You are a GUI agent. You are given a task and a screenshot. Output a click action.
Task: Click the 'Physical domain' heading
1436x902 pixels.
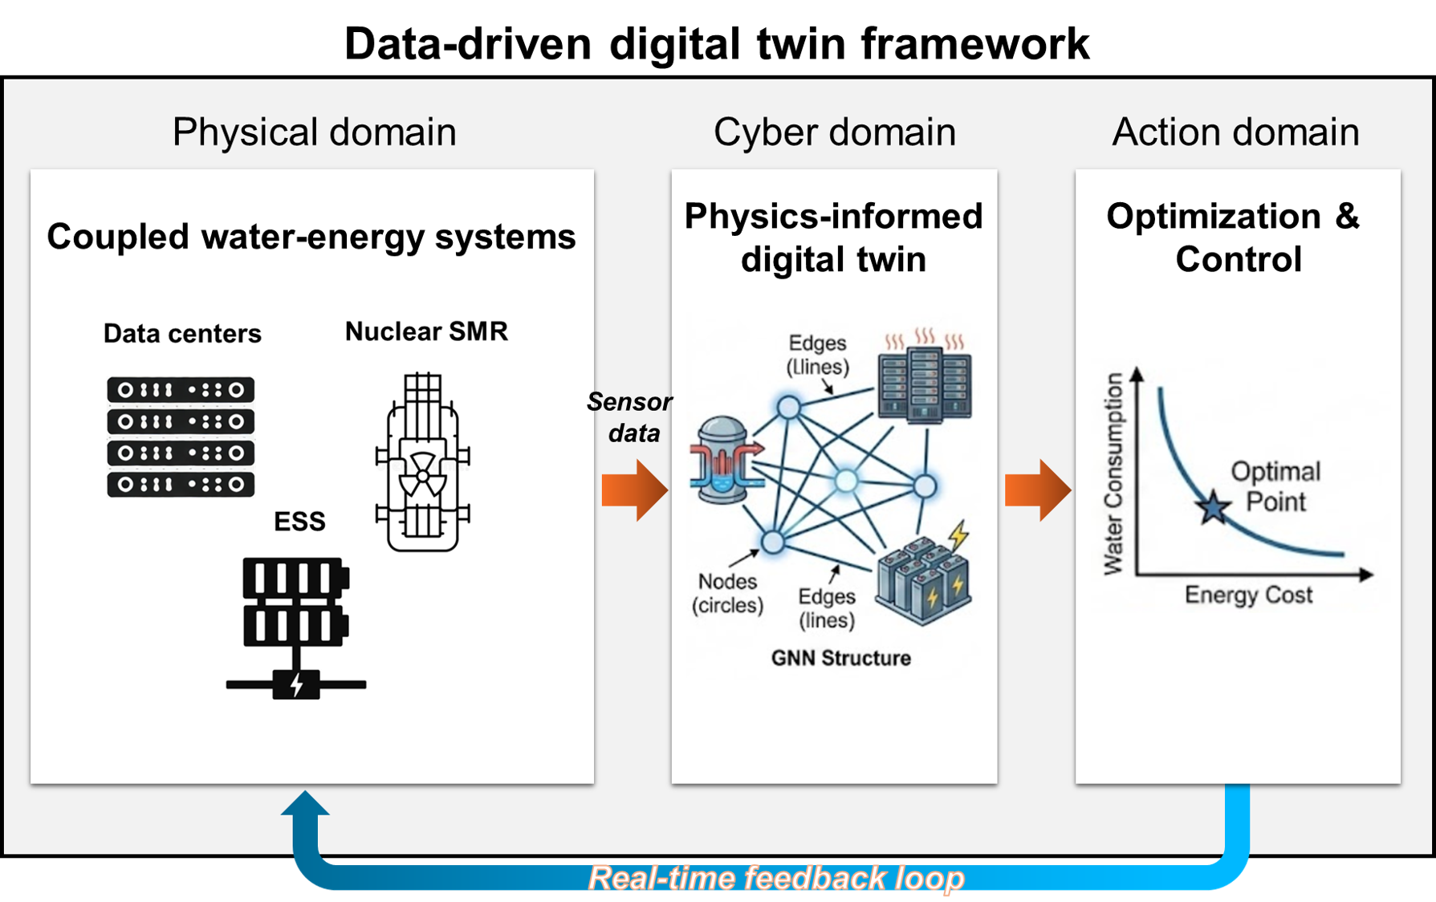click(314, 132)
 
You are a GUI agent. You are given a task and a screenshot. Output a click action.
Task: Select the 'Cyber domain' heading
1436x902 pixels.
click(834, 132)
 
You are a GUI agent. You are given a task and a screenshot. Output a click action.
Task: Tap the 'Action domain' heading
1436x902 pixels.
click(1235, 132)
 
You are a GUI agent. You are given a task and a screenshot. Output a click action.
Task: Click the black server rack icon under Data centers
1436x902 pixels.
click(181, 437)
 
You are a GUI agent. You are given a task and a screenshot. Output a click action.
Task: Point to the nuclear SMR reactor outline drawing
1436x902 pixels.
click(423, 462)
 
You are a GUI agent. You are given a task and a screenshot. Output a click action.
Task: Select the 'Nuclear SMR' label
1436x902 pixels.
click(426, 331)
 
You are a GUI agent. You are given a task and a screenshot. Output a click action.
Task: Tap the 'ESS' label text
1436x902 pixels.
click(299, 522)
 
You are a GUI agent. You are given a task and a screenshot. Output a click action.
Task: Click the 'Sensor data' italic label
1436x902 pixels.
click(630, 416)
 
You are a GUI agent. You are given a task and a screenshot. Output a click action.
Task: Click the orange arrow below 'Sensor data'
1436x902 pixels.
click(634, 490)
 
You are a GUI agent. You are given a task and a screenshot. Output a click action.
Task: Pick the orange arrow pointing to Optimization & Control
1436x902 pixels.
click(1037, 490)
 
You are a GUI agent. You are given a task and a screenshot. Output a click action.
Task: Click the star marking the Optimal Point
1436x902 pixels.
click(1213, 507)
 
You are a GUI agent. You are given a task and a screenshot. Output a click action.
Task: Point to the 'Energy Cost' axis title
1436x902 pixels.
click(1248, 595)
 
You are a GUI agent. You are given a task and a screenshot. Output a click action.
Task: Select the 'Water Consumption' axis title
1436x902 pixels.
click(1113, 473)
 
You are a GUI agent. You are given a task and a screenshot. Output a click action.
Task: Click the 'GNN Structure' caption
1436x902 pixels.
click(840, 658)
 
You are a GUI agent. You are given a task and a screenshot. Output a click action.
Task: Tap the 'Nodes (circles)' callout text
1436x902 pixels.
click(727, 593)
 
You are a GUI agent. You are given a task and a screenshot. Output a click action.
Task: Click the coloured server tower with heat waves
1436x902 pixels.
click(924, 377)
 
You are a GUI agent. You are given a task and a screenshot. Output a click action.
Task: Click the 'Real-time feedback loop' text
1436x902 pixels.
click(776, 877)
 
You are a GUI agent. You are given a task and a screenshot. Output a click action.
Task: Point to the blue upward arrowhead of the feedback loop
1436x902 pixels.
click(305, 805)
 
